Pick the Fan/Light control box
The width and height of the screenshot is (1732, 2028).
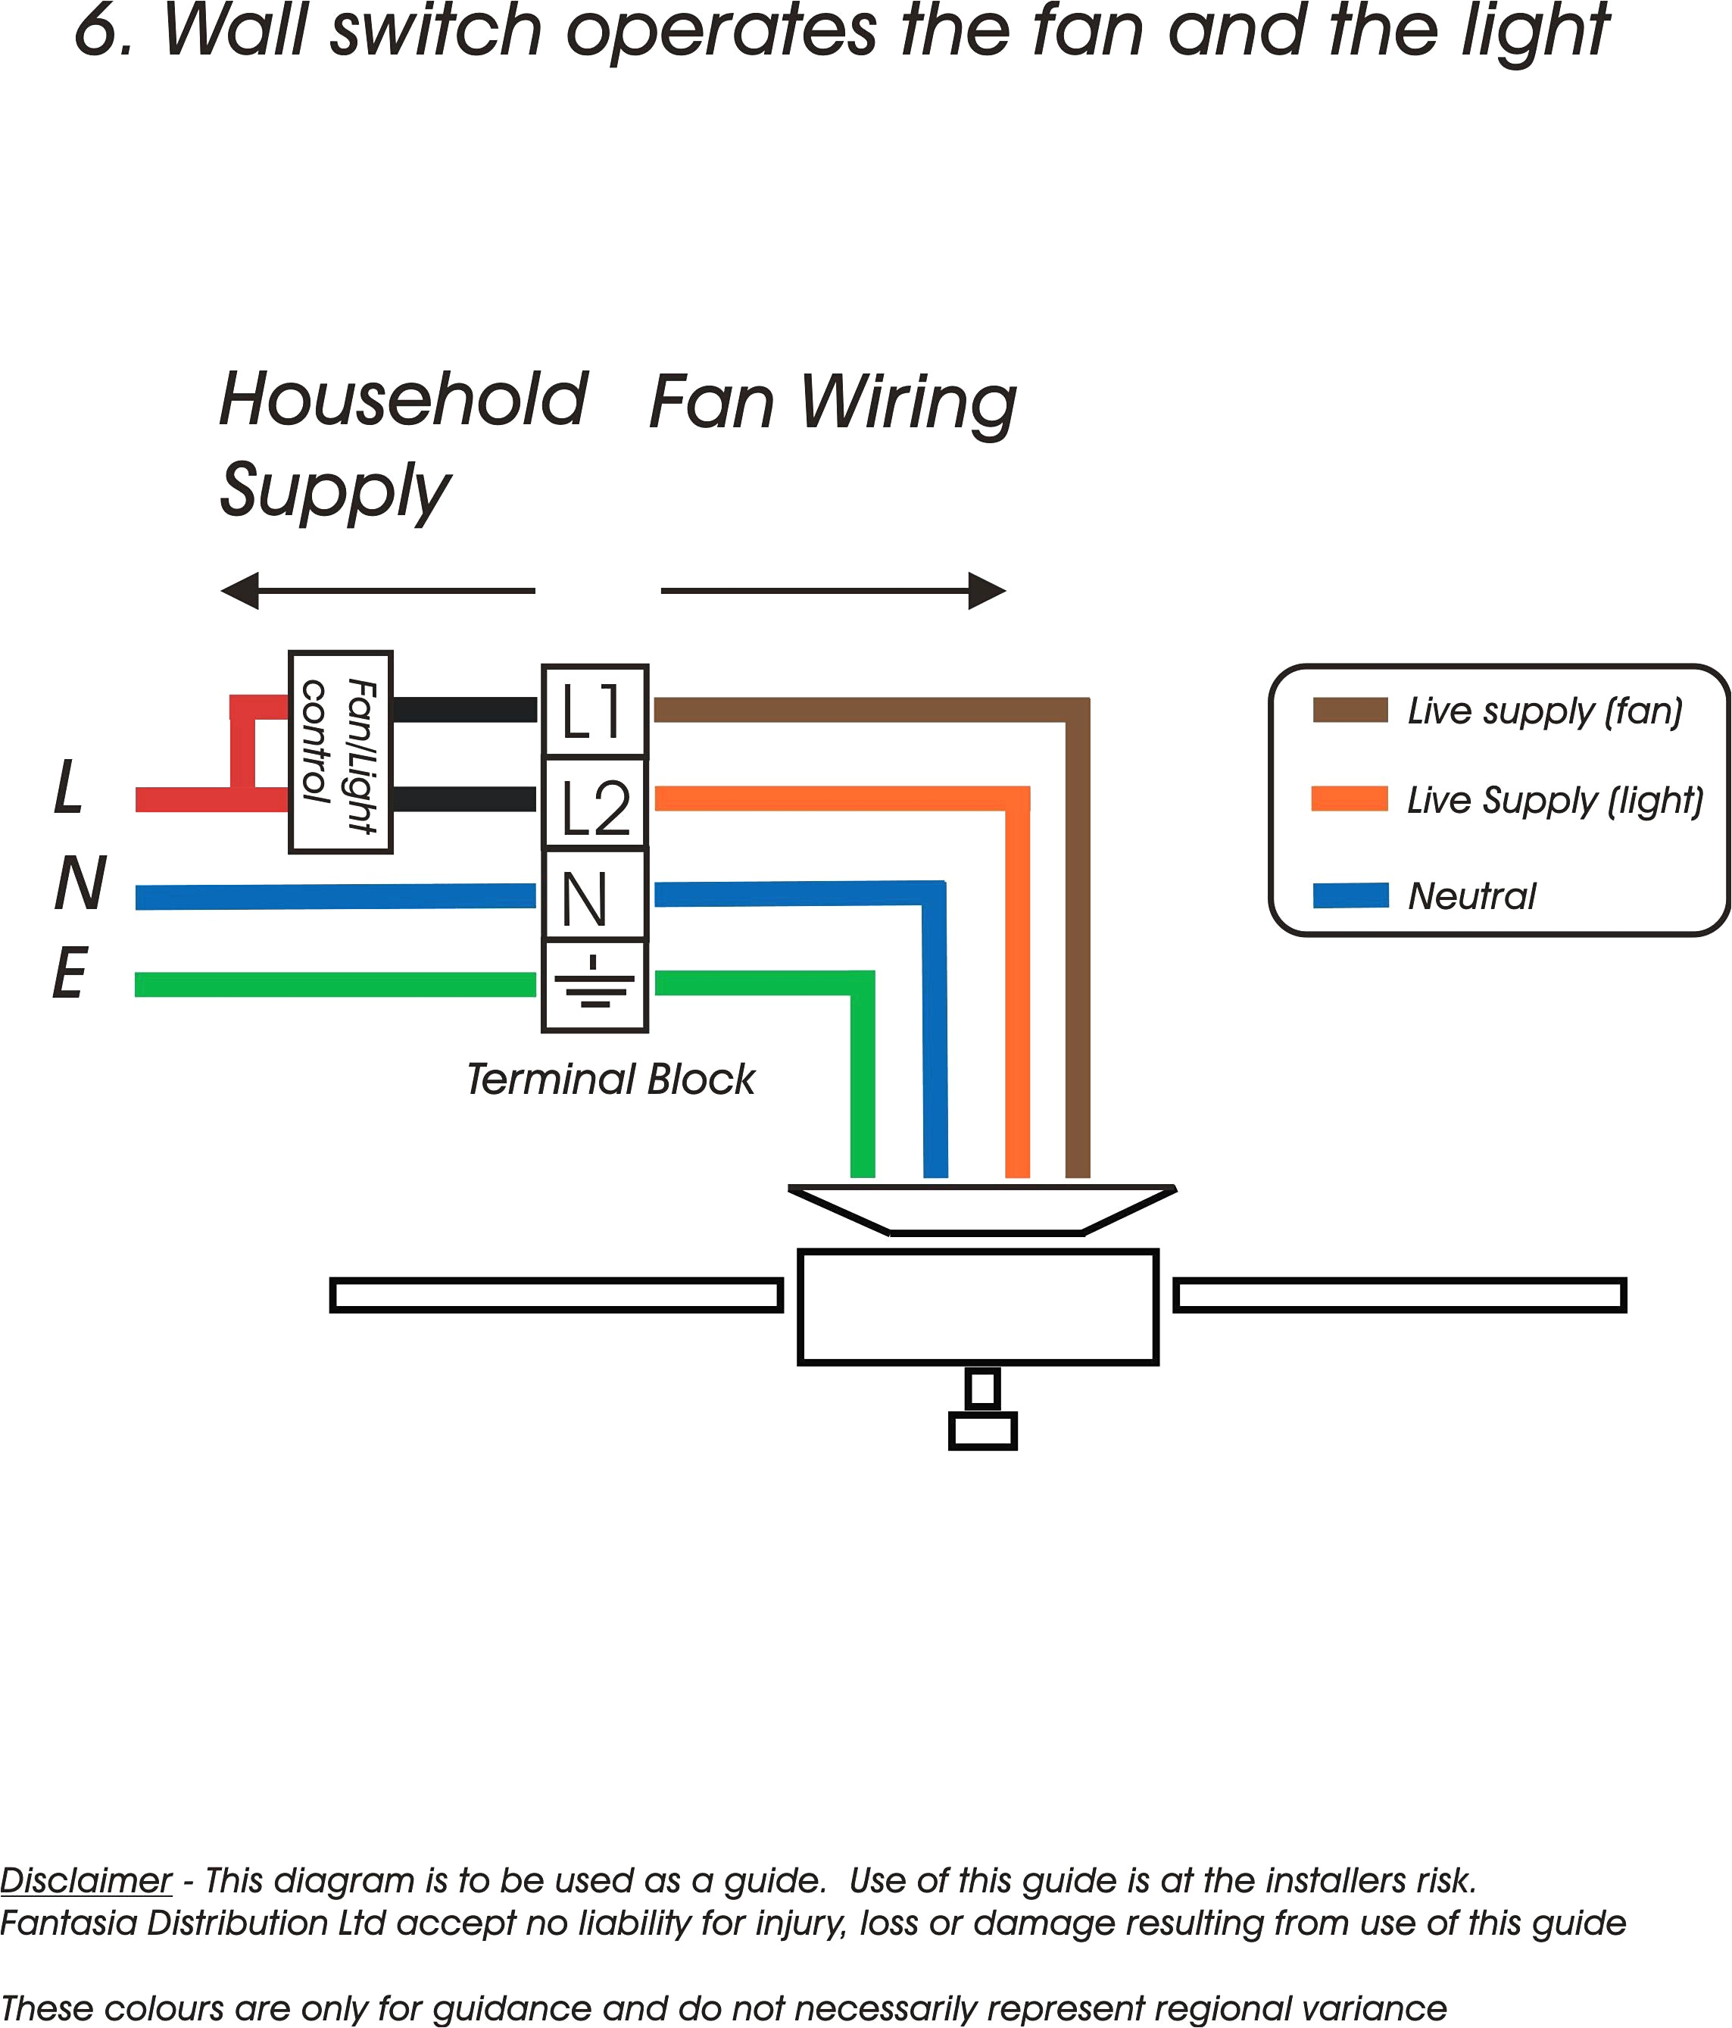point(341,752)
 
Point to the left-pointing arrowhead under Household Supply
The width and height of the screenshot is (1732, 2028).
point(241,590)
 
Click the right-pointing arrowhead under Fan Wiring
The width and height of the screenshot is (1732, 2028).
point(986,590)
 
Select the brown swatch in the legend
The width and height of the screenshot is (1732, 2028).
point(1350,711)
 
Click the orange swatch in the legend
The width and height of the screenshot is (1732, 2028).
point(1350,798)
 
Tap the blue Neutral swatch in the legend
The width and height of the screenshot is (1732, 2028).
point(1350,895)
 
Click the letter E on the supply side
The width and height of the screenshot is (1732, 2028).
point(70,974)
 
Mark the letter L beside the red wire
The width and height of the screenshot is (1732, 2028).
point(68,787)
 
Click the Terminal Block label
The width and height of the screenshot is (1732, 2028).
point(610,1080)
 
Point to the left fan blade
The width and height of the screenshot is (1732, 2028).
point(556,1295)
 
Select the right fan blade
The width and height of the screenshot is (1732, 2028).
point(1400,1295)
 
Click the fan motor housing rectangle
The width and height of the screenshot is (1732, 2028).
point(978,1307)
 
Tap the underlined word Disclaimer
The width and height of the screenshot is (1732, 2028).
point(86,1880)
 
